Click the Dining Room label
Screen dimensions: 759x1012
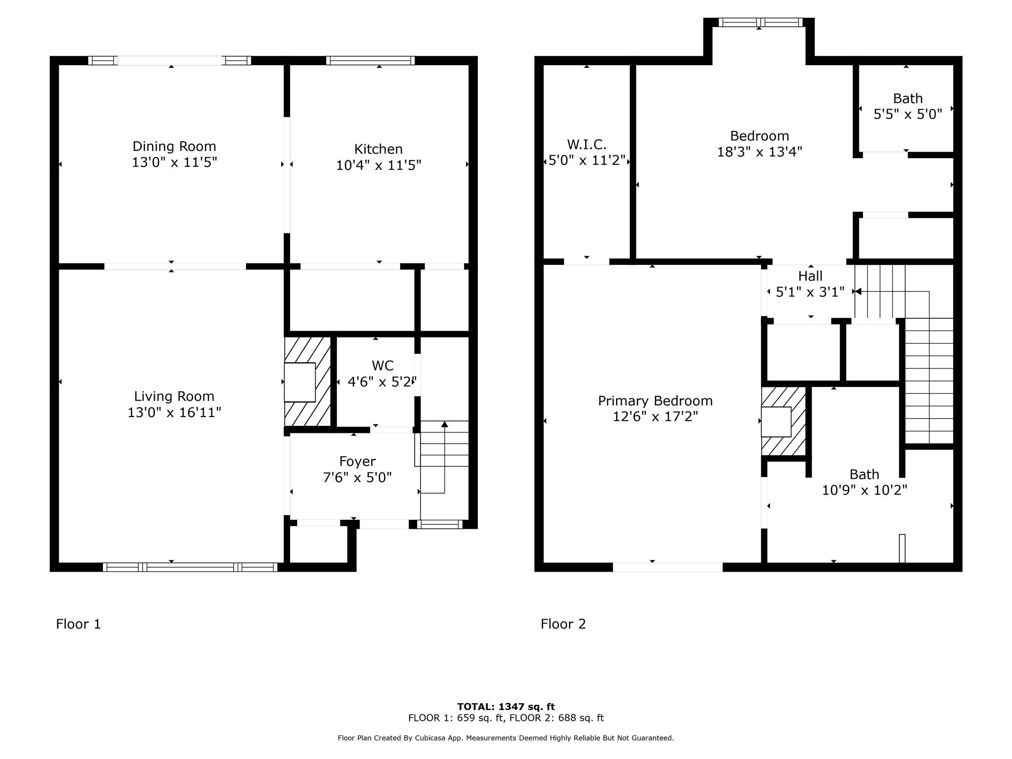[174, 146]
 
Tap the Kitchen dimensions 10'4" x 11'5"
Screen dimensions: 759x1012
[379, 165]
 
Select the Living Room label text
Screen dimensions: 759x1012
[174, 396]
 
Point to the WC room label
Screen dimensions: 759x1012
[382, 366]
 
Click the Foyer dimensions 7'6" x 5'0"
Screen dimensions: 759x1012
[357, 477]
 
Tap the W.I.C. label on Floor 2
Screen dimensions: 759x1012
[587, 145]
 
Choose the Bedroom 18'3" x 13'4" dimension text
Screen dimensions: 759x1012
[759, 152]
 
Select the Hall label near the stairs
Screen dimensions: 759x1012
[810, 276]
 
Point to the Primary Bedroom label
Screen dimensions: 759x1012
[655, 401]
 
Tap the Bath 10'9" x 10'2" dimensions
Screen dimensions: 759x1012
[864, 490]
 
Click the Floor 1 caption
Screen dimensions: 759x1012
[78, 624]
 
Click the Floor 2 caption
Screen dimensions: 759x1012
[563, 624]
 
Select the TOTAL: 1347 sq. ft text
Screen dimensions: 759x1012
[506, 707]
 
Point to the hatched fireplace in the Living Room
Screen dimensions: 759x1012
[307, 381]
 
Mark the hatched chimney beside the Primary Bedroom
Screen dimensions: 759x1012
[783, 421]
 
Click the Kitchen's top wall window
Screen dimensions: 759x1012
[370, 60]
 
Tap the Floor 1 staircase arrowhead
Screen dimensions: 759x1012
[444, 424]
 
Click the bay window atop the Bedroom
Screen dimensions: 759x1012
[759, 22]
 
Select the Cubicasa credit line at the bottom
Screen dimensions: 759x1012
[506, 738]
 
